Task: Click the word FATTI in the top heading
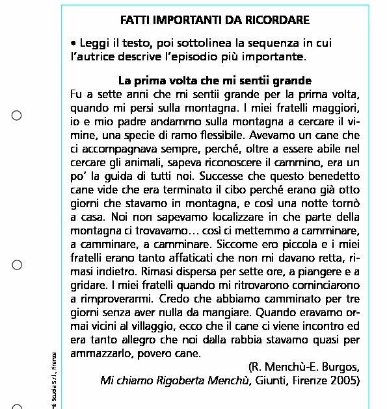[x=135, y=20]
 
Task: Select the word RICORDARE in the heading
[x=280, y=20]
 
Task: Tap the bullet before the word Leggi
[x=73, y=44]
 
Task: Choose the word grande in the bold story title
[x=292, y=82]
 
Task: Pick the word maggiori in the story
[x=335, y=108]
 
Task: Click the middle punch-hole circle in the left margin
[x=18, y=265]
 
